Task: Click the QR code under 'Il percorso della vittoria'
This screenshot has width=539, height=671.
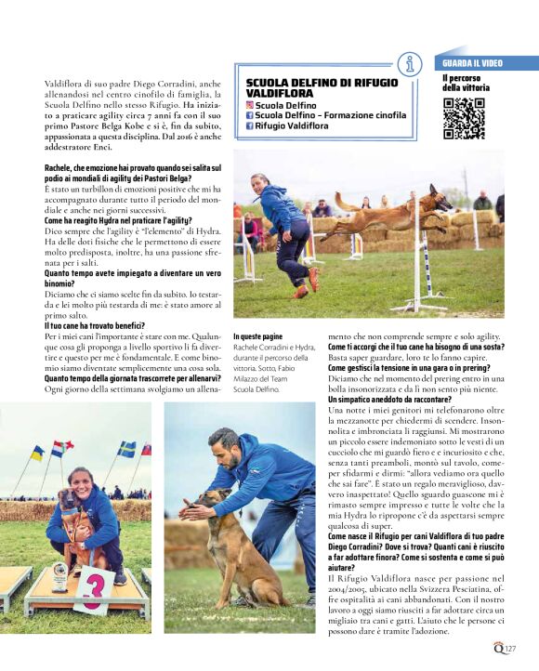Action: point(463,118)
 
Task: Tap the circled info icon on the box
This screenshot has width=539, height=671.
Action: point(409,64)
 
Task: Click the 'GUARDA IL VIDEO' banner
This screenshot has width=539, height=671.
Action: point(471,63)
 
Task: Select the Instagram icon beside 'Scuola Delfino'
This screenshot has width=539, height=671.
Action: point(249,106)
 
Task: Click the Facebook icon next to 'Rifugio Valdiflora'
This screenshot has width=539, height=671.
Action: point(249,125)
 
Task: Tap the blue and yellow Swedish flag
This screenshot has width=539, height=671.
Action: point(126,450)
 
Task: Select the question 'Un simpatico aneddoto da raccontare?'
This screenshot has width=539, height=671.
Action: point(393,399)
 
